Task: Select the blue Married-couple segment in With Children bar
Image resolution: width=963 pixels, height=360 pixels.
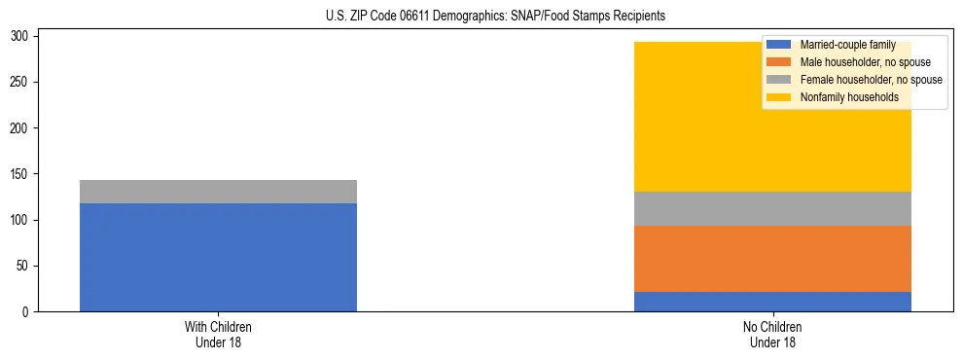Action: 218,257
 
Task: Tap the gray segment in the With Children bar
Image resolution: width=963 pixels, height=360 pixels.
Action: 218,192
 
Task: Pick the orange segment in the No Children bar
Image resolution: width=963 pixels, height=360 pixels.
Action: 772,259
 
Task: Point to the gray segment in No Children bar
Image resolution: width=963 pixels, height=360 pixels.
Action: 772,208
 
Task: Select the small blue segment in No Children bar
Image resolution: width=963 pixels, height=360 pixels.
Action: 772,302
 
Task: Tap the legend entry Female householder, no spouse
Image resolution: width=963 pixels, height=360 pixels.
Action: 871,80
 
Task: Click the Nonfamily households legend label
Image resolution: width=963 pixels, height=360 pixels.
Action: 849,97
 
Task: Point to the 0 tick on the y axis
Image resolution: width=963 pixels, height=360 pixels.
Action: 27,312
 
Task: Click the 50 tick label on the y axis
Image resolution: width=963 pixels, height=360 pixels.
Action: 24,267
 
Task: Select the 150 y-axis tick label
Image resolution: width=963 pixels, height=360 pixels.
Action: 21,174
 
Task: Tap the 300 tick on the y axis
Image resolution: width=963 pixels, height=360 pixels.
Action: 21,36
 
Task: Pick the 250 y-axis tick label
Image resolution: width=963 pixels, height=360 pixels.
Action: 21,83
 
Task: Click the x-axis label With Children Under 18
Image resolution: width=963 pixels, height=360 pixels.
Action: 218,335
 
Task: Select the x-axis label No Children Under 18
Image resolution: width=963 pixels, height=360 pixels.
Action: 772,335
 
